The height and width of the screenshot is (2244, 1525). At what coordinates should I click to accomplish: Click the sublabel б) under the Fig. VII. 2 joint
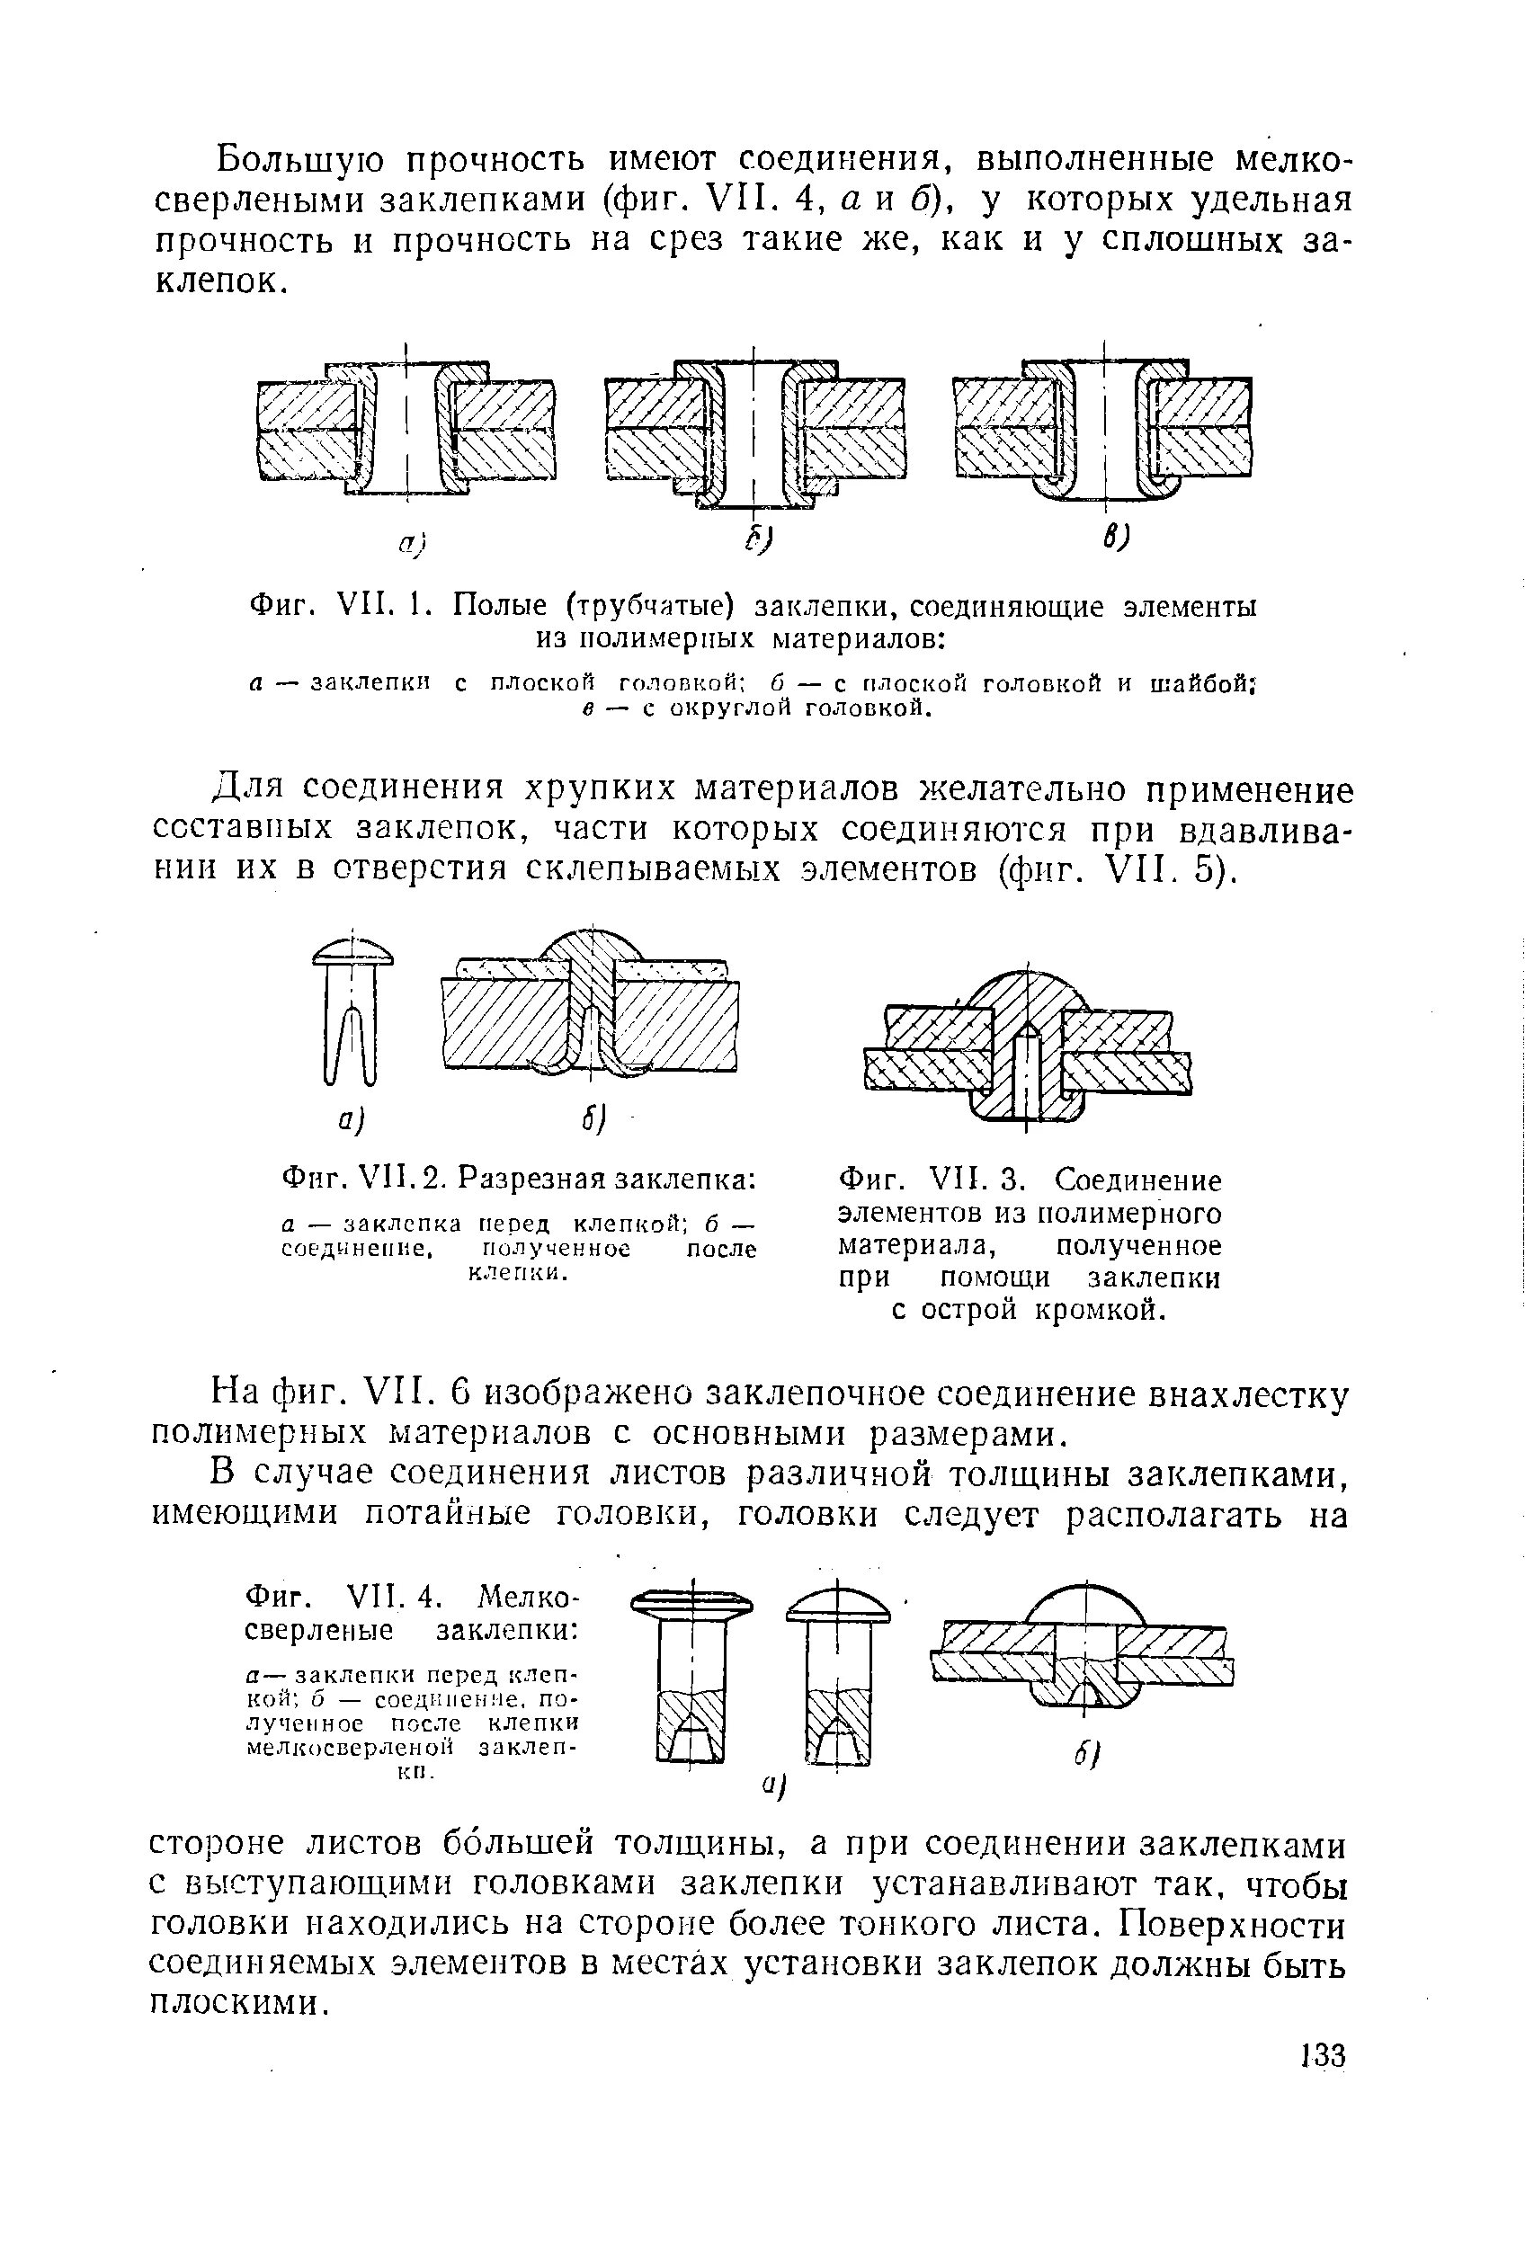[593, 1119]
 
